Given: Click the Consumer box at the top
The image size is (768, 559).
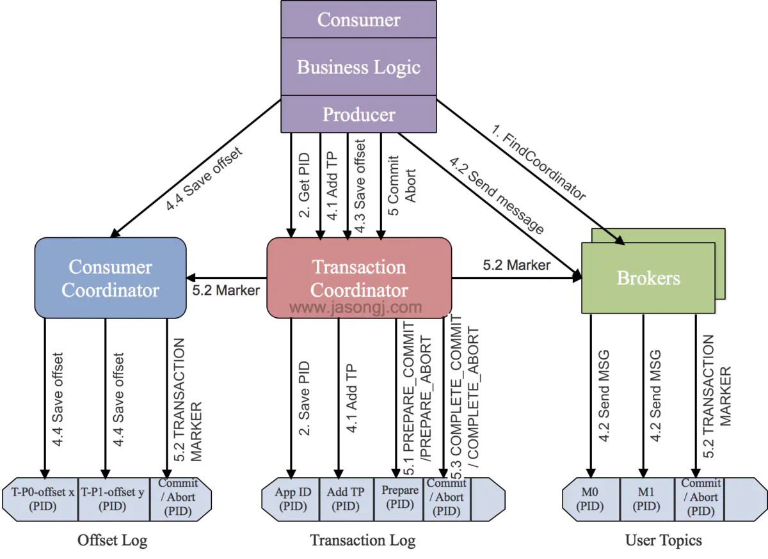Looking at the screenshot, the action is tap(358, 19).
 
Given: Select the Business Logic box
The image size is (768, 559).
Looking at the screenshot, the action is tap(358, 67).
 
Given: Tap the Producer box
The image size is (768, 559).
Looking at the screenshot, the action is tap(358, 114).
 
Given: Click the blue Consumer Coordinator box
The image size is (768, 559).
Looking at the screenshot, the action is tap(110, 278).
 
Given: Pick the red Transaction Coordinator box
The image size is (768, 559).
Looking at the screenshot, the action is tap(359, 278).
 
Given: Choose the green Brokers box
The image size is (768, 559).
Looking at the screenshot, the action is tap(648, 278).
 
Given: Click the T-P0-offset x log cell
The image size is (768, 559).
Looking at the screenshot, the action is tap(41, 499).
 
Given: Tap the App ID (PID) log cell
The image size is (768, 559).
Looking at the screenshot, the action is tap(291, 499).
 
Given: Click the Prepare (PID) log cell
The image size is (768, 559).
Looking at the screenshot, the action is tap(399, 499).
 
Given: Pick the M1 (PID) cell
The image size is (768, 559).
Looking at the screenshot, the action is tap(647, 499).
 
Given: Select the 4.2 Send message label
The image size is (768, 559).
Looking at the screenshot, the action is tap(497, 195).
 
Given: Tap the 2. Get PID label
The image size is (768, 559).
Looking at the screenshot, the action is tap(304, 185).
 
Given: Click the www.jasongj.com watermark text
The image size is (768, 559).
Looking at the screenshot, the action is tap(356, 307).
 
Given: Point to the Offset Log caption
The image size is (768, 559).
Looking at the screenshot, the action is tap(113, 540).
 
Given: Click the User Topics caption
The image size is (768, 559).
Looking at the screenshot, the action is tap(664, 540).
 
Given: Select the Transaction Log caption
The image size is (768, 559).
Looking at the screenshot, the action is tap(363, 540).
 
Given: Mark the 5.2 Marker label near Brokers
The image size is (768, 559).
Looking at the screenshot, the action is tap(516, 265).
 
